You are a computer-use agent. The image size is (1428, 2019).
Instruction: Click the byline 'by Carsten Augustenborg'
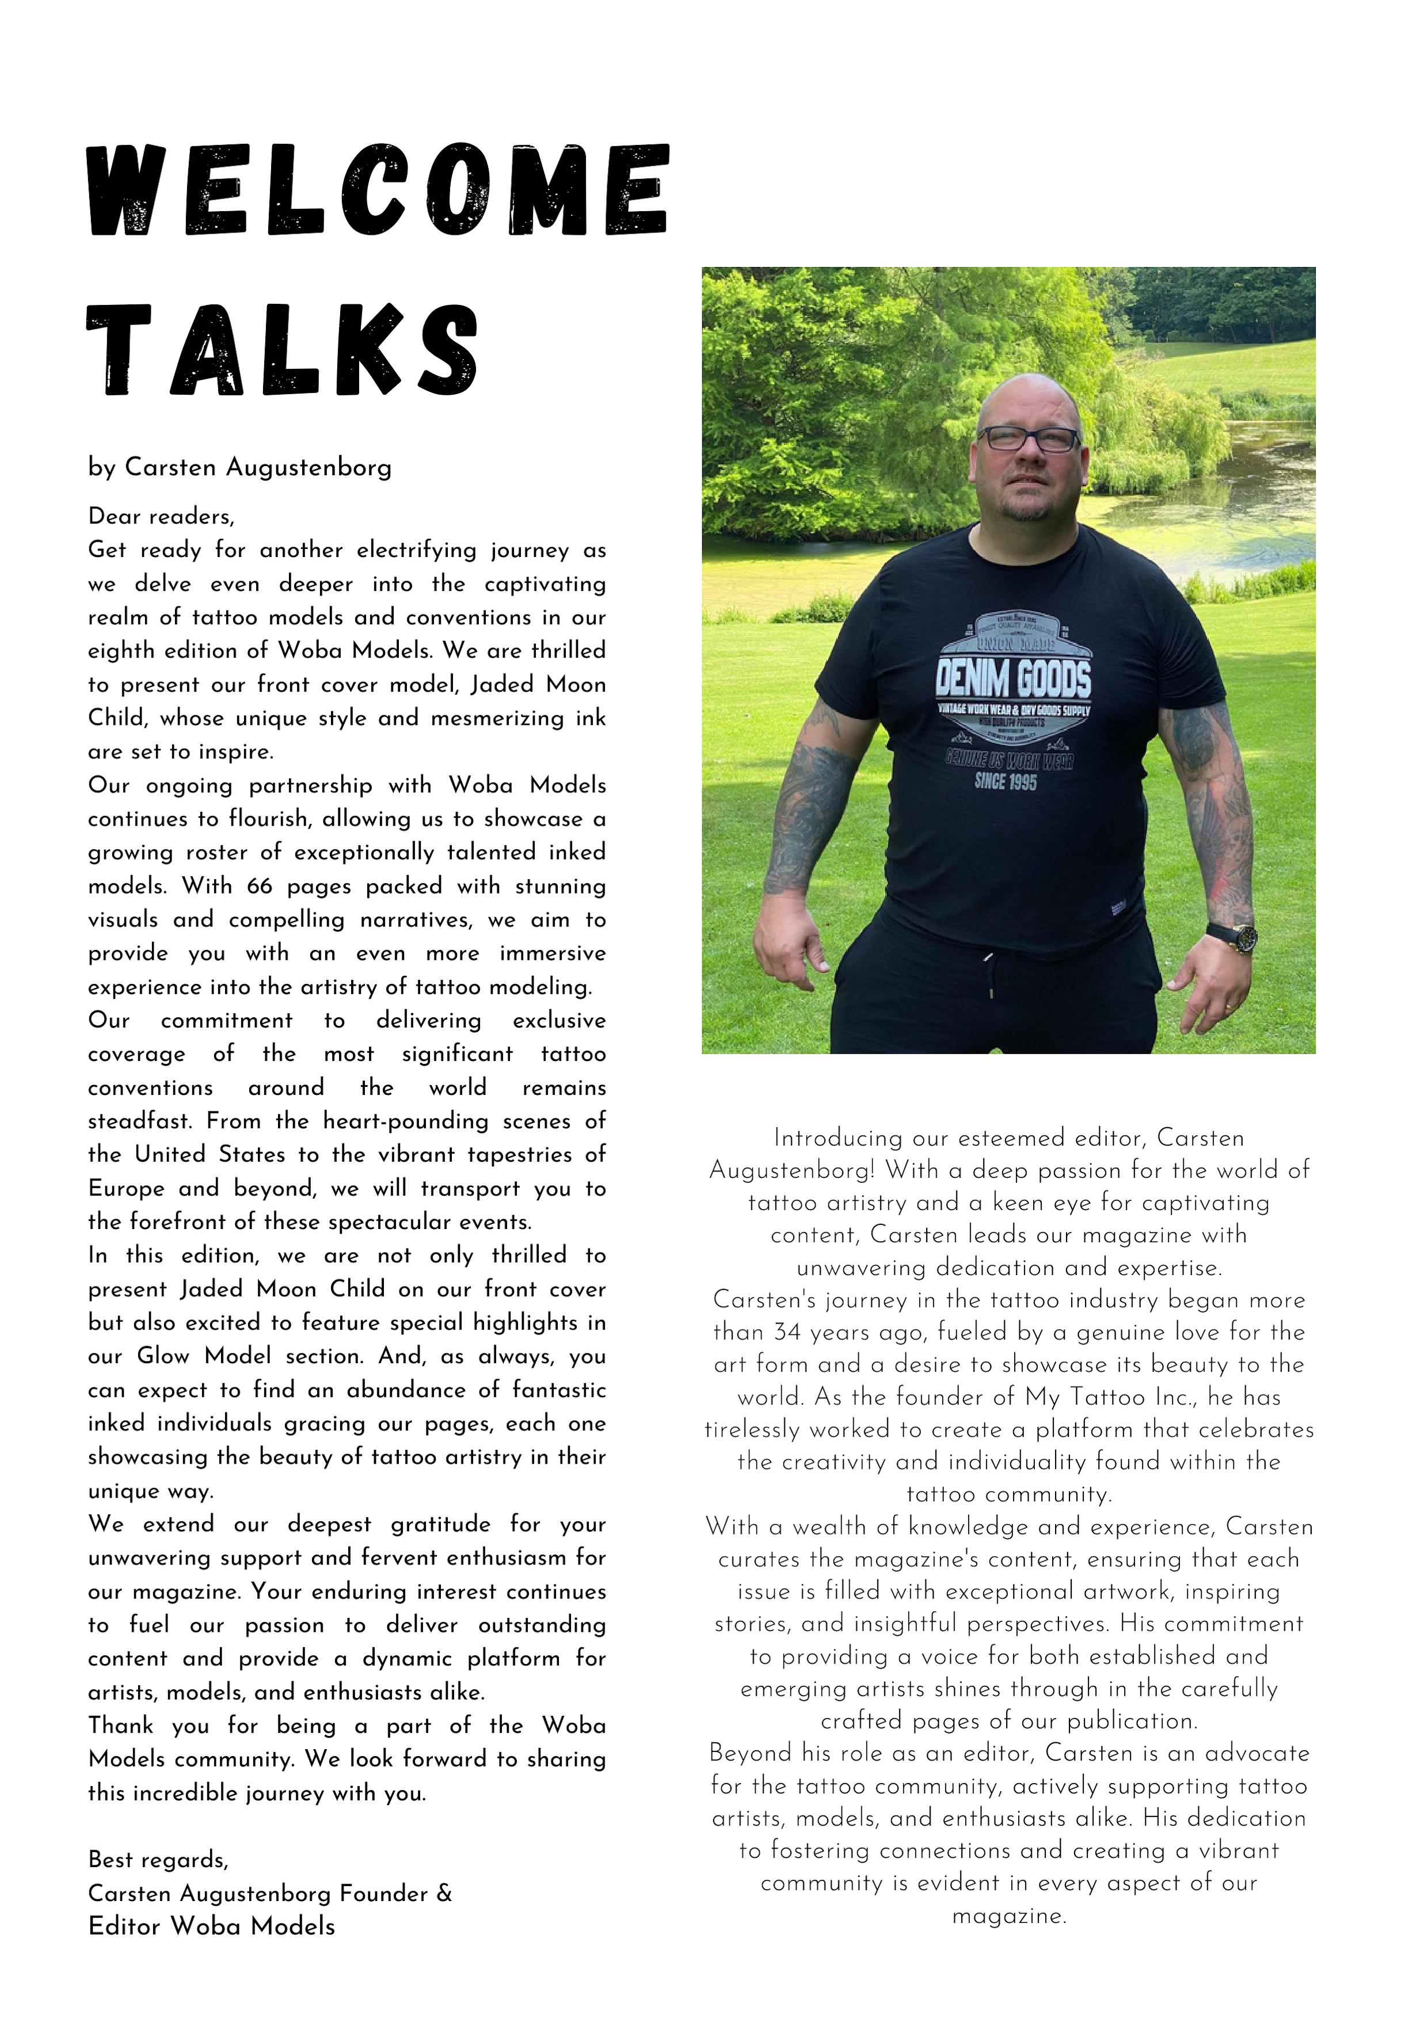239,467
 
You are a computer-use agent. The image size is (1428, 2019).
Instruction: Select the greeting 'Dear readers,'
161,516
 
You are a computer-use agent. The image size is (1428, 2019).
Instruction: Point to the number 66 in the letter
260,887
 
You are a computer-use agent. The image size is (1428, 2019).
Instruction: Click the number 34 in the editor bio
787,1332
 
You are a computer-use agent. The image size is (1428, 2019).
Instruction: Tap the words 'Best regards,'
158,1859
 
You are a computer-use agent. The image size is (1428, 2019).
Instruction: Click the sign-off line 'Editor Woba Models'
211,1926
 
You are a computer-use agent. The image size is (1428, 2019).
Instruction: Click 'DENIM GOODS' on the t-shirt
1012,680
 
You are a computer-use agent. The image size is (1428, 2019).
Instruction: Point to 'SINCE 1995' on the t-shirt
1005,780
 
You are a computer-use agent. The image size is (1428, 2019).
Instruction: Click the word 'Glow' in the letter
163,1356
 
